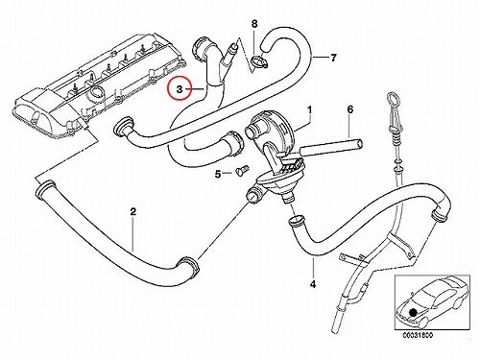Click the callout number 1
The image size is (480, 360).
coord(309,109)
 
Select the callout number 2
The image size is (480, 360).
coord(133,211)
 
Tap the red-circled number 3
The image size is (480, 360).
coord(180,89)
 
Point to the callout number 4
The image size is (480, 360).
coord(313,283)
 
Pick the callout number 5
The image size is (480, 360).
coord(218,175)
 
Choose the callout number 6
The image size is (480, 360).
coord(350,109)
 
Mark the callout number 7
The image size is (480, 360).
coord(333,58)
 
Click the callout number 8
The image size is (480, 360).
coord(254,24)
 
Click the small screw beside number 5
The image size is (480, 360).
coord(240,170)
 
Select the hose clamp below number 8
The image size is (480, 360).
coord(258,61)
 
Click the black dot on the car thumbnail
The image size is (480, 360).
coord(414,311)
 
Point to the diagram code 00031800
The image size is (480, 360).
coord(418,336)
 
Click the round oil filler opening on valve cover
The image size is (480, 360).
coord(97,93)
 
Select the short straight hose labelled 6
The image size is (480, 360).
coord(331,148)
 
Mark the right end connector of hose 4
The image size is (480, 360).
coord(439,214)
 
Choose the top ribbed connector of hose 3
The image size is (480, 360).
coord(200,47)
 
